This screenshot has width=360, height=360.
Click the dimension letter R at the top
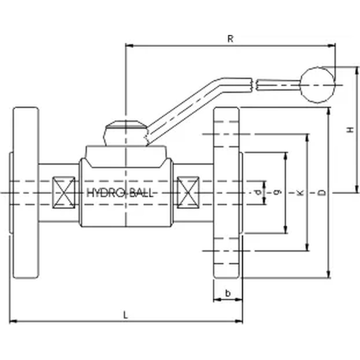(230, 39)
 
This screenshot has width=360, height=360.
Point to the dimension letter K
(300, 193)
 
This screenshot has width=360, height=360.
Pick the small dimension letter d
(258, 193)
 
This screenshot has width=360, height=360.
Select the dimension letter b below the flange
(228, 293)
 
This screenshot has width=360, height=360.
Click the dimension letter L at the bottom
(125, 315)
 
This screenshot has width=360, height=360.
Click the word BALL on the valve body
(140, 193)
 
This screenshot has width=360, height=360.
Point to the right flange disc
(226, 193)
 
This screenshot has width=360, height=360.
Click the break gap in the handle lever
(255, 84)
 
